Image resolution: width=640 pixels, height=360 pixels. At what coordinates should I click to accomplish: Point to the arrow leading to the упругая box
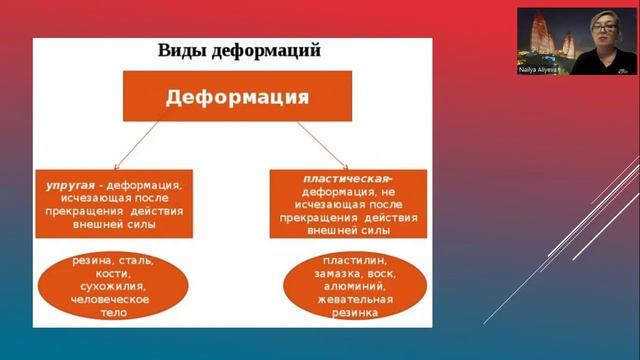[136, 148]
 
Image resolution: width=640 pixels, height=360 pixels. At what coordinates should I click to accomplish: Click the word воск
[381, 273]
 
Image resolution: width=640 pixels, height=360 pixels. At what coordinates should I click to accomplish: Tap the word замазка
[336, 273]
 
